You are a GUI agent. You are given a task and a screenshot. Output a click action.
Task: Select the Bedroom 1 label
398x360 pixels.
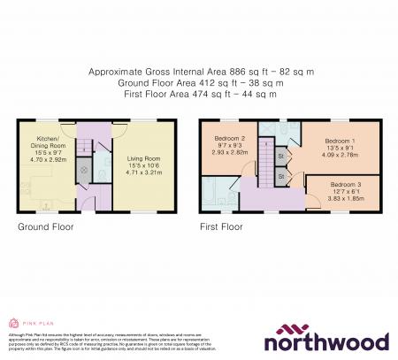pyautogui.click(x=340, y=141)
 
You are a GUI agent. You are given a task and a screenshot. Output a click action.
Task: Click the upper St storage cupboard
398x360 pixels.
pyautogui.click(x=281, y=157)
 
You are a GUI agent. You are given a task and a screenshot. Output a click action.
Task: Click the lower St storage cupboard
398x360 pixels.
pyautogui.click(x=281, y=177)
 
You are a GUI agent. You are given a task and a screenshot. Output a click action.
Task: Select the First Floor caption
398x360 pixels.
pyautogui.click(x=221, y=226)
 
